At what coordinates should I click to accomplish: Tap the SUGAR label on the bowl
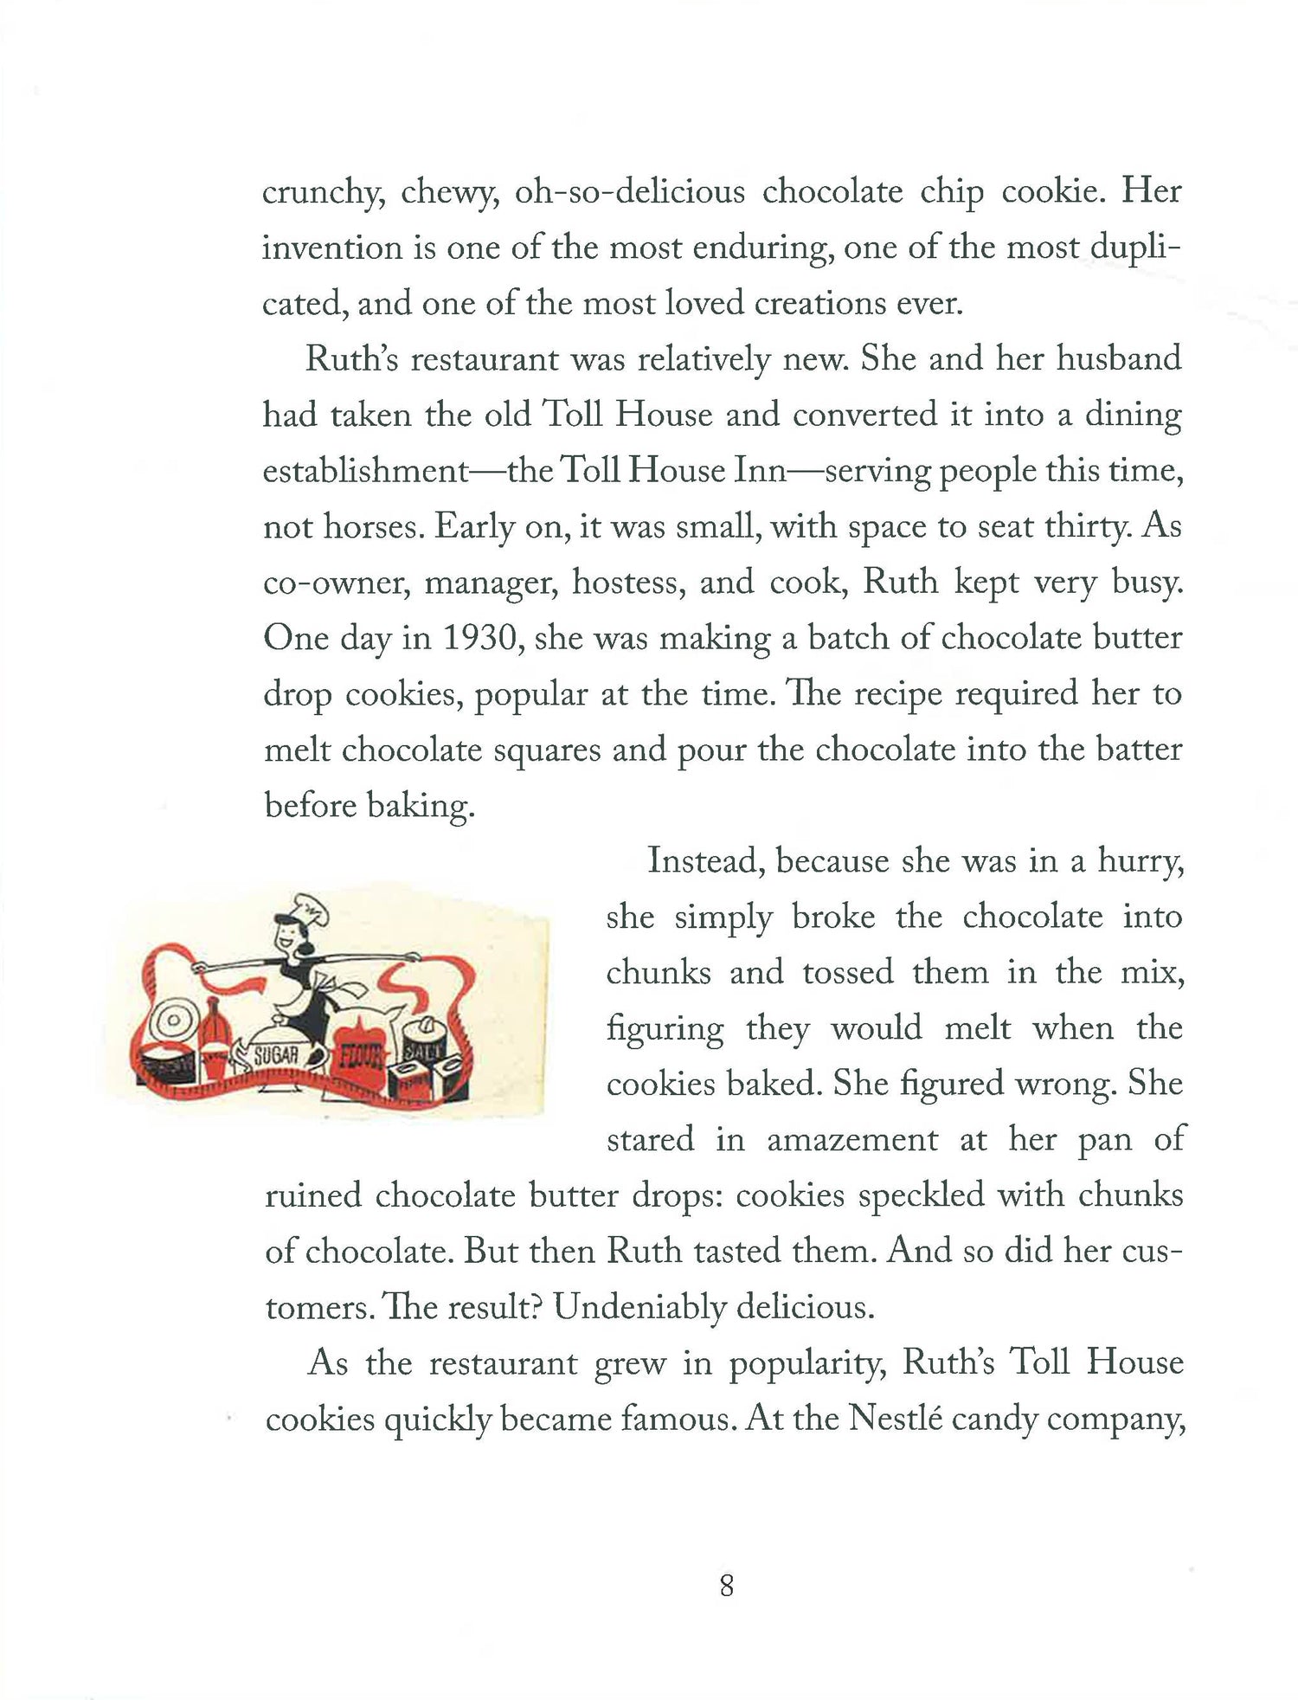pos(276,1054)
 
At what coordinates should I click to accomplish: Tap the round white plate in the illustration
pos(172,1022)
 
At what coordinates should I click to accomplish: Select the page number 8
pos(726,1586)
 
